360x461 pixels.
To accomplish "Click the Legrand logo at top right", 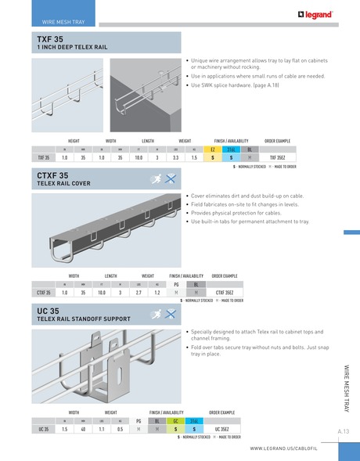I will tap(315, 13).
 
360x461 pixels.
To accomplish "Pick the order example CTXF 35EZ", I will tap(226, 292).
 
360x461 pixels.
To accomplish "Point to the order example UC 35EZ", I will tap(221, 429).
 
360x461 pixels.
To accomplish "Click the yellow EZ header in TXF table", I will tap(214, 148).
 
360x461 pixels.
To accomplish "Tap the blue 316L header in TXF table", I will tap(232, 148).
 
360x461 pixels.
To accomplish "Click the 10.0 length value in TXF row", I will tap(138, 157).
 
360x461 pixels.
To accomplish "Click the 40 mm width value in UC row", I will tap(82, 429).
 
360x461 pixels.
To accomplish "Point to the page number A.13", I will tap(344, 431).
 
